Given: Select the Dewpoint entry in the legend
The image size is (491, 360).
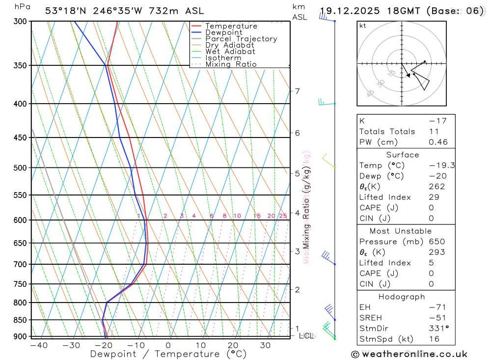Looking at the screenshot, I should pos(224,32).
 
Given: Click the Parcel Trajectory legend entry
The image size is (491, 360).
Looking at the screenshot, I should pos(241,39).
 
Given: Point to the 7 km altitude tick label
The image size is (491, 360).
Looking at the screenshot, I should pos(297,91).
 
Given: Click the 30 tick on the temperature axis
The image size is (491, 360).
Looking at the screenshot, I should pos(266,345).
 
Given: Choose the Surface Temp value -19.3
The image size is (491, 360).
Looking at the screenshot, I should pos(441,166).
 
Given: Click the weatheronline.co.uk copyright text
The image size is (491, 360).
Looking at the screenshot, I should pos(409,354).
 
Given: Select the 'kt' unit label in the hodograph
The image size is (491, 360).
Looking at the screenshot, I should pos(363,26).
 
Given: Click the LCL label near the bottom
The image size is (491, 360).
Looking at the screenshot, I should pos(306,336).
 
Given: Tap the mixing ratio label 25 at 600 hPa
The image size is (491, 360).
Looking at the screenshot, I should pos(283,216).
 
